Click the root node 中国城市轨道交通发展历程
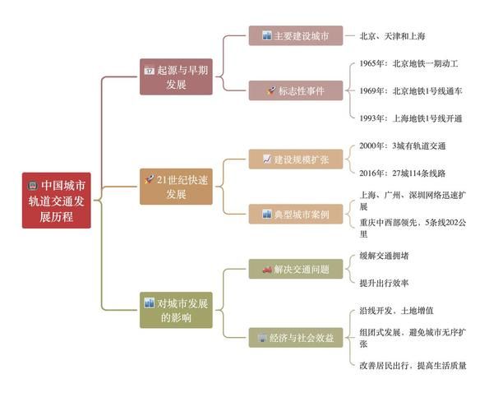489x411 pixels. click(56, 201)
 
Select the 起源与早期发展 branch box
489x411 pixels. click(175, 77)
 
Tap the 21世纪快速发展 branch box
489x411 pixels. click(175, 186)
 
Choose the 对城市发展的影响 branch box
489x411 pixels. click(175, 309)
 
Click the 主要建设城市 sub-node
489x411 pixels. click(295, 36)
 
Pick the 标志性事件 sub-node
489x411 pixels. click(295, 90)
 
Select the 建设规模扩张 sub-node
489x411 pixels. click(295, 159)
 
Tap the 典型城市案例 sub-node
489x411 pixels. click(295, 214)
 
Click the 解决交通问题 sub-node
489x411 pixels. click(295, 269)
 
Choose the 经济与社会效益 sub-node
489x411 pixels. click(295, 337)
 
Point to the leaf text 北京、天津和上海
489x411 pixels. click(392, 36)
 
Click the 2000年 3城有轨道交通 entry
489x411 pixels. click(402, 145)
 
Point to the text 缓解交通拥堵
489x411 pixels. click(384, 256)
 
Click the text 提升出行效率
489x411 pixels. click(384, 283)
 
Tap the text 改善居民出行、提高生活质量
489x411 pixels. click(413, 365)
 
